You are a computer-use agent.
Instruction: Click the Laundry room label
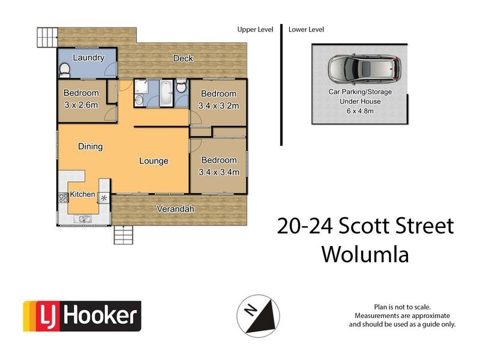pos(88,58)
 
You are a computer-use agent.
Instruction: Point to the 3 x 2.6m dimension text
pos(81,106)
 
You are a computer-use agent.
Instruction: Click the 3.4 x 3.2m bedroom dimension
pos(218,106)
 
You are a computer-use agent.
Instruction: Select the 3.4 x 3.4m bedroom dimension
pos(218,172)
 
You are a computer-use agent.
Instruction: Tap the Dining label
pos(90,146)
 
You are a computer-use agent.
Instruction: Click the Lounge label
pos(154,161)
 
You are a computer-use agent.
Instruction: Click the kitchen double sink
pos(83,219)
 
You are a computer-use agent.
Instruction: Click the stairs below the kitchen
pos(123,235)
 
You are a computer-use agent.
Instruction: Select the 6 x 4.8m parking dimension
pos(360,110)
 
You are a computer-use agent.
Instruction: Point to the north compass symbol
pos(259,315)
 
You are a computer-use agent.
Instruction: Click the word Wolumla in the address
pos(365,254)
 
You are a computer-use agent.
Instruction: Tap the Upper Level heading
pos(255,29)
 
